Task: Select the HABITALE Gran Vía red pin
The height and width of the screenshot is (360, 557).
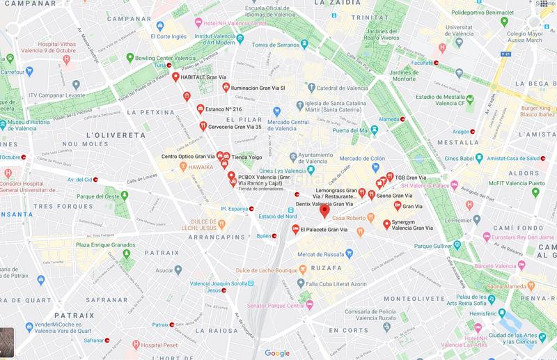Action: click(175, 77)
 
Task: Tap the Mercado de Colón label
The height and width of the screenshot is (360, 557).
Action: click(373, 159)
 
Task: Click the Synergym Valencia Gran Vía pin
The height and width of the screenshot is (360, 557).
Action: click(386, 224)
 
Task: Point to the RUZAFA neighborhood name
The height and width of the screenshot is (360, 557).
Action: click(327, 267)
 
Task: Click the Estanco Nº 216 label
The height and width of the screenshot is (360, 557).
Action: click(219, 109)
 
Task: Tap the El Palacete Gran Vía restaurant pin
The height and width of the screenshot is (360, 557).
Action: click(296, 229)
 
